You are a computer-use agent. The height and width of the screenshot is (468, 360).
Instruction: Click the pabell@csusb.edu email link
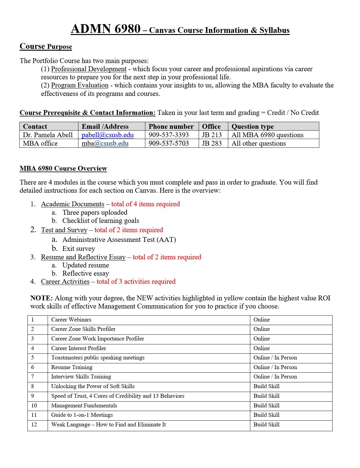tap(107, 135)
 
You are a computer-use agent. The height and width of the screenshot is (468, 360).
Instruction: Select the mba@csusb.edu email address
tap(105, 144)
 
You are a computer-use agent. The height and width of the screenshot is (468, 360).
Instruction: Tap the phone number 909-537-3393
tap(169, 135)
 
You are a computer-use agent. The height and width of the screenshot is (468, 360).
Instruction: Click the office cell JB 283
tap(212, 144)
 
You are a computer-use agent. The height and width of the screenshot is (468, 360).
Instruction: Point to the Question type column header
tap(252, 127)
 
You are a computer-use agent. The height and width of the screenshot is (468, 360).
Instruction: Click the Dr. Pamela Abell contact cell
tap(48, 135)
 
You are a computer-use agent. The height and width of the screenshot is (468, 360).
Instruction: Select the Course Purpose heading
tap(46, 46)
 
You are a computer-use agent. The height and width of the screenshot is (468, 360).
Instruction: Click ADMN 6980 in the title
tap(106, 29)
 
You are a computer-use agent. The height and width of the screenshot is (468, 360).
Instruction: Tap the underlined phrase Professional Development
tap(89, 69)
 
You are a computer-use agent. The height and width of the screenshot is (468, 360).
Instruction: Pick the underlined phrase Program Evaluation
tap(80, 85)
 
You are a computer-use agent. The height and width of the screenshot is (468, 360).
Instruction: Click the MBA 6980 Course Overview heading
tap(63, 169)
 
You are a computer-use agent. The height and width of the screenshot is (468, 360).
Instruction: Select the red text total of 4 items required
tap(145, 204)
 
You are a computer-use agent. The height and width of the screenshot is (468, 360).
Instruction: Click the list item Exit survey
tap(78, 249)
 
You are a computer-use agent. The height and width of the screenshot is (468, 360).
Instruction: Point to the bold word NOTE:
tap(41, 298)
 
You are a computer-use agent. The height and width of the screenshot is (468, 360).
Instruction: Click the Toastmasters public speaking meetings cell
tap(98, 358)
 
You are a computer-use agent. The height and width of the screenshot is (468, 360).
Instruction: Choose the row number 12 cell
tap(34, 425)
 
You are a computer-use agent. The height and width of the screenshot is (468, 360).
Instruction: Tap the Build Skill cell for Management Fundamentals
tap(266, 406)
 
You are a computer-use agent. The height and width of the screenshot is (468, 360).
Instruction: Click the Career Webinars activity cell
tap(71, 320)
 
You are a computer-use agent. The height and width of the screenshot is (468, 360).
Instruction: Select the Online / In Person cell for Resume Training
tap(275, 367)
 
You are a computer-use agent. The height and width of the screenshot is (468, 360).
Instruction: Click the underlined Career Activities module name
tap(65, 282)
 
